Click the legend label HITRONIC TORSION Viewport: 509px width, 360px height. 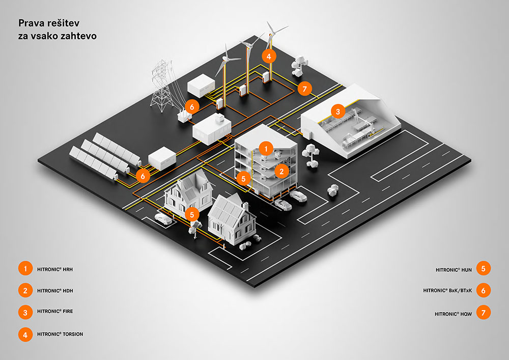60,334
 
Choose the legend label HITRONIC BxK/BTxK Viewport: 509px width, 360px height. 447,291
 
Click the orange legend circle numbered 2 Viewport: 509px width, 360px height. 24,290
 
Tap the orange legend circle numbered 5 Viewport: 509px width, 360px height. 484,268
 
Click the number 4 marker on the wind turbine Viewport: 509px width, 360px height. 268,56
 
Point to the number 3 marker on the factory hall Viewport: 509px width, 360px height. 337,110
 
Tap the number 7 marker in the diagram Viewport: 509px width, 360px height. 304,88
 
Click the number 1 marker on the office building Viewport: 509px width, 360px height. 265,148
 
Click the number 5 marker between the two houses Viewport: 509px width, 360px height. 192,214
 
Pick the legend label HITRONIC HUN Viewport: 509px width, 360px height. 454,268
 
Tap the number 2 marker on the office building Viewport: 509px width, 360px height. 280,172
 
